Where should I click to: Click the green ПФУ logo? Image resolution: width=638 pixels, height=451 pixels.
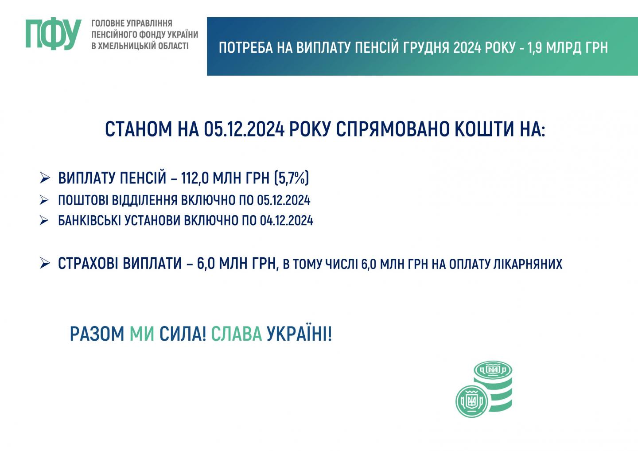[54, 34]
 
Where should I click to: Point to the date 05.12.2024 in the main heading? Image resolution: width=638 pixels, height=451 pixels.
[244, 129]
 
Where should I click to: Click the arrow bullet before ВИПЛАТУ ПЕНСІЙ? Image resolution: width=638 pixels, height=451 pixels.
[45, 178]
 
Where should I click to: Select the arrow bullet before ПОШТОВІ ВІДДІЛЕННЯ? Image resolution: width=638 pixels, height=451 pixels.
[44, 200]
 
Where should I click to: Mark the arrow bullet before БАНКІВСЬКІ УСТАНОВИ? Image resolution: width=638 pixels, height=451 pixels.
[44, 220]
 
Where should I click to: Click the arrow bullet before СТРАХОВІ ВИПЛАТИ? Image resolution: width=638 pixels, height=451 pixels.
[45, 263]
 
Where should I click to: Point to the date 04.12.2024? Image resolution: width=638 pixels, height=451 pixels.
[286, 221]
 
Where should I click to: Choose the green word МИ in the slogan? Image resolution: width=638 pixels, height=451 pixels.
[142, 334]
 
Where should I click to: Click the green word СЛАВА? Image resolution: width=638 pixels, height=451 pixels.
[237, 334]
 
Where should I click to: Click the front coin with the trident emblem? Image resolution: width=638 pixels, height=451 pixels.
[472, 401]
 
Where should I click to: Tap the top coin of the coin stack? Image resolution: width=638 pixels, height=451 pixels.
[493, 370]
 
